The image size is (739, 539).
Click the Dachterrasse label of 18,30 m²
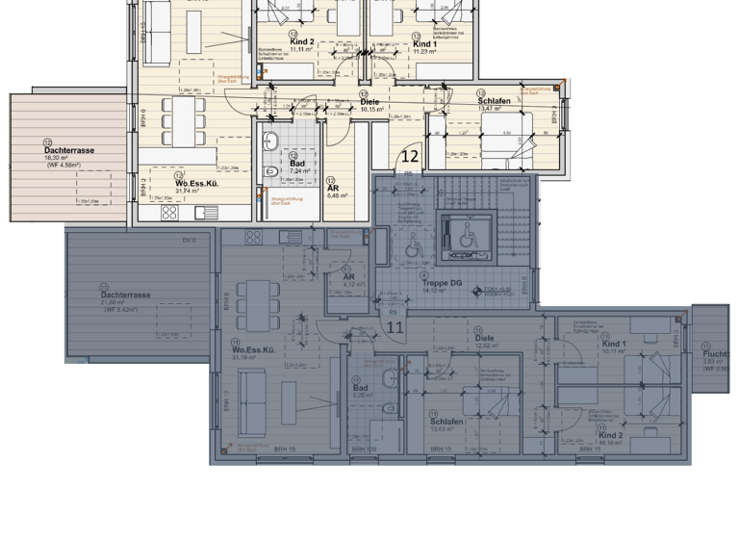(x=68, y=150)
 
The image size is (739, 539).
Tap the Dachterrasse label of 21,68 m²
(x=126, y=295)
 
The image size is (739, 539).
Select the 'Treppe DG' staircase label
(x=442, y=282)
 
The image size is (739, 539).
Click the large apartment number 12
(x=410, y=155)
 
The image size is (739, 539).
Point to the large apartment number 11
(x=395, y=327)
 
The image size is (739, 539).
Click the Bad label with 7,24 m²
(x=297, y=165)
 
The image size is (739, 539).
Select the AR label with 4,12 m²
(x=348, y=277)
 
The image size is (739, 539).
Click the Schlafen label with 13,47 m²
(x=494, y=101)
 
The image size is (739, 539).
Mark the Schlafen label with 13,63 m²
(x=447, y=422)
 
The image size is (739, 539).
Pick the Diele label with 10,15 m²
(x=369, y=101)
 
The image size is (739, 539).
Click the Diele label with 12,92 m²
(x=484, y=338)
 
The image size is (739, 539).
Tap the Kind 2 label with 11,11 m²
(x=302, y=42)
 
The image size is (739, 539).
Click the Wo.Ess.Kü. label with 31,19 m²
(x=253, y=350)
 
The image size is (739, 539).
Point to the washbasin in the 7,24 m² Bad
(x=270, y=140)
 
